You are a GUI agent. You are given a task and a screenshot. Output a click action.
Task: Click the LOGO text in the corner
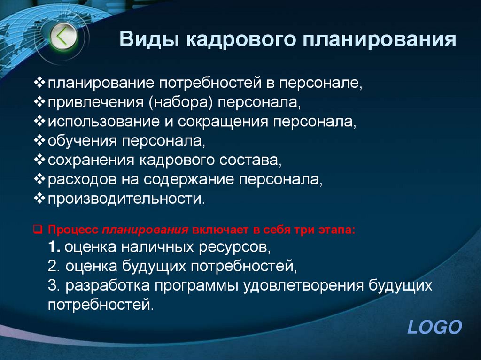click(434, 327)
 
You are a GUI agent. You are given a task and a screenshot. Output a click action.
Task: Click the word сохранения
click(91, 160)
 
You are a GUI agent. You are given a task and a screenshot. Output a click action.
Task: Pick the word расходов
click(78, 179)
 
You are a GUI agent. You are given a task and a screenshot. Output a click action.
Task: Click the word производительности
click(126, 199)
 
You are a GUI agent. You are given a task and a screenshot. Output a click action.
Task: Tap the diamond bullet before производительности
click(39, 198)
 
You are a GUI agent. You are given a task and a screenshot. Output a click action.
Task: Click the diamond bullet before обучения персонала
click(39, 140)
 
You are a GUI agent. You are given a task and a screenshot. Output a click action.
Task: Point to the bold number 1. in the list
click(54, 247)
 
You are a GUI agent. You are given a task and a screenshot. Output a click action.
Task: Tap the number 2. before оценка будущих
click(54, 267)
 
